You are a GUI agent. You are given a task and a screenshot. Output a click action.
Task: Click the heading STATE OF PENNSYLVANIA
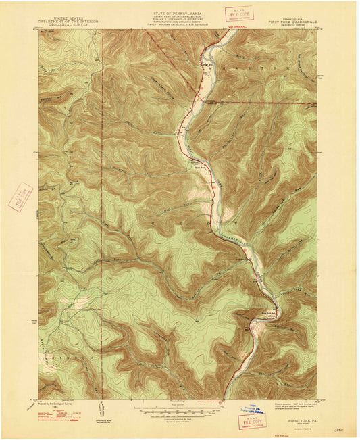point(180,5)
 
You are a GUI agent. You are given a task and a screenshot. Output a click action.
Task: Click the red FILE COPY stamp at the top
point(239,14)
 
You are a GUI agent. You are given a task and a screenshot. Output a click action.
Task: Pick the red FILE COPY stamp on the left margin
point(20,197)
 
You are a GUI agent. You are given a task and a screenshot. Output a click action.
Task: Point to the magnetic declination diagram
point(102,410)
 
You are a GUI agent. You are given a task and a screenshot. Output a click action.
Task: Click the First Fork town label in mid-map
point(200,169)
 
